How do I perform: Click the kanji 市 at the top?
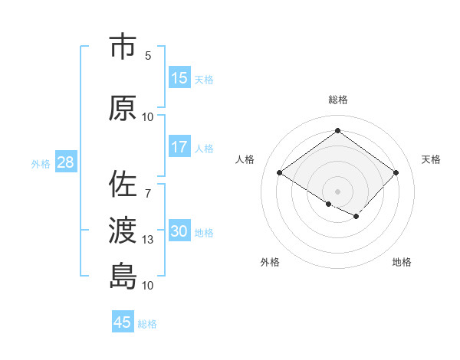coord(123,47)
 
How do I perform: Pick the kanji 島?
coord(123,275)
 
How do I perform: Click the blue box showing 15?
coord(179,78)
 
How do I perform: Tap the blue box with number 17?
coord(179,147)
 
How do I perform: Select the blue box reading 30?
coord(179,231)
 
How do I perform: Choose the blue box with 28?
coord(64,162)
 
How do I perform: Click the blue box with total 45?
coord(123,322)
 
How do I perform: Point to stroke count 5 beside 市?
coord(148,55)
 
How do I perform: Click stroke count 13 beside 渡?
coord(148,240)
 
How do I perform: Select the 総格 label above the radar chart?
coord(337,100)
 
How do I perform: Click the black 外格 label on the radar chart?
coord(270,262)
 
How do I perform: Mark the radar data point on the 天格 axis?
coord(396,172)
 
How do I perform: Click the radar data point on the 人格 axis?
coord(280,172)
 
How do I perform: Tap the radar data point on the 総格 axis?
coord(337,131)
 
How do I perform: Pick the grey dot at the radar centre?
coord(337,191)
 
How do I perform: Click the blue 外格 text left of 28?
coord(41,163)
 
